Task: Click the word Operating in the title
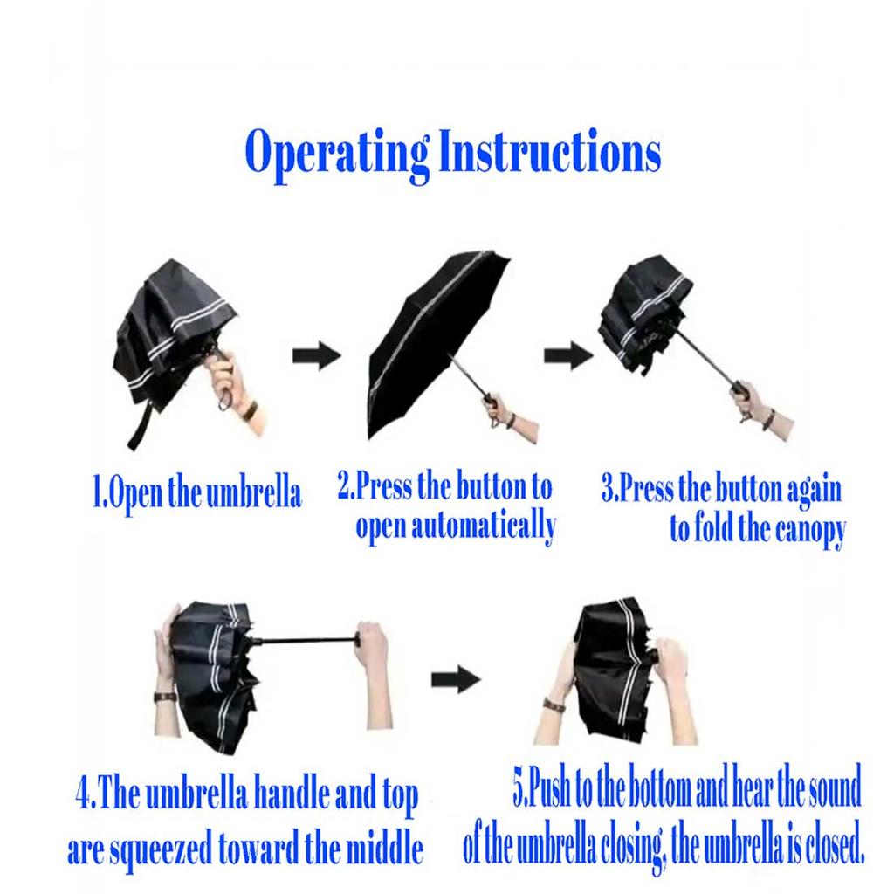[337, 154]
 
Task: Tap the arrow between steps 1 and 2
[316, 356]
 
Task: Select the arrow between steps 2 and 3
[567, 356]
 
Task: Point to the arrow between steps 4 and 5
[456, 679]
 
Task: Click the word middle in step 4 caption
[385, 847]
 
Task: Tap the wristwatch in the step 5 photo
[553, 705]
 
